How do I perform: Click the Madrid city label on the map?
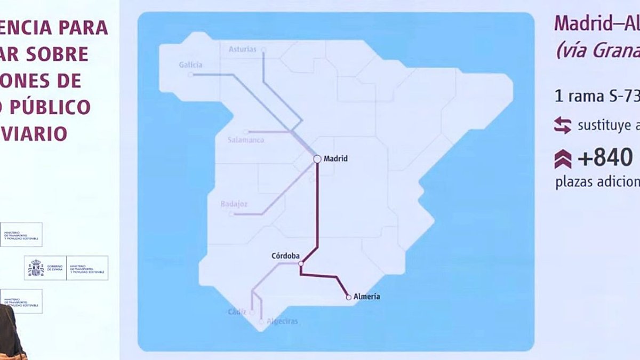tap(335, 158)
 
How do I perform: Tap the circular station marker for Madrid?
tap(317, 158)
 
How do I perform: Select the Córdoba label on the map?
tap(285, 255)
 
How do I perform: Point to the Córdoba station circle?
tap(301, 263)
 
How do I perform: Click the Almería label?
tap(367, 297)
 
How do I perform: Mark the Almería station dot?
tap(349, 297)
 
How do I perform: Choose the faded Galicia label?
tap(190, 65)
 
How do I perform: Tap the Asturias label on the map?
tap(243, 49)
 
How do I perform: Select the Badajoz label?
tap(234, 204)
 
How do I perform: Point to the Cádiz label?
tap(237, 311)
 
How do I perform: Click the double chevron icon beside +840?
tap(563, 159)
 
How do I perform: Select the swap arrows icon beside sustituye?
tap(563, 125)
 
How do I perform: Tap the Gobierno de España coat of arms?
tap(36, 268)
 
